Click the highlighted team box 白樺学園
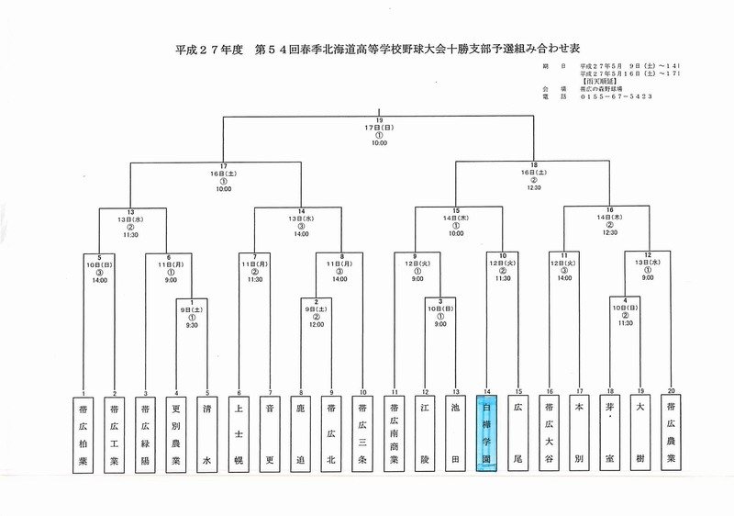tap(486, 434)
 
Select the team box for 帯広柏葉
tap(84, 434)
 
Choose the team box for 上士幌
tap(240, 434)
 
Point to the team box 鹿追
tap(301, 434)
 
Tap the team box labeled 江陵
tap(425, 434)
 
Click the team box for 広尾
tap(518, 434)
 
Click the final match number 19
tap(379, 120)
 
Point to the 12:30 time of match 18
tap(534, 186)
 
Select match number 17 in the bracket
tap(223, 166)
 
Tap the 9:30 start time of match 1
tap(191, 325)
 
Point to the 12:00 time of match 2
tap(316, 325)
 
